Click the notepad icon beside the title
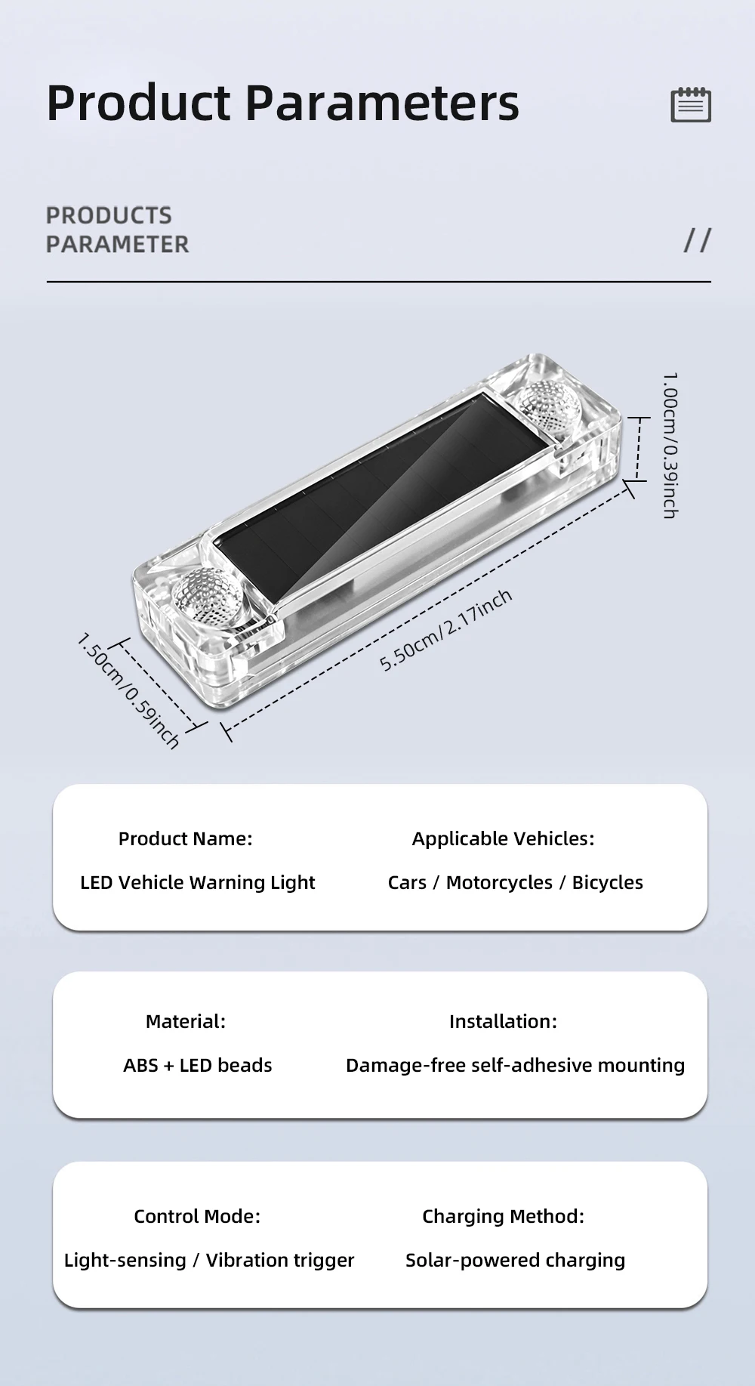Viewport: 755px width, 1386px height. [x=691, y=104]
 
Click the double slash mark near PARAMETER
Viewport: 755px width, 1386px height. [x=697, y=240]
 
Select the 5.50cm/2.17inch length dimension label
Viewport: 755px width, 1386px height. [x=446, y=630]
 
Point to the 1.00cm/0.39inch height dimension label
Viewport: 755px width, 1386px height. [x=670, y=445]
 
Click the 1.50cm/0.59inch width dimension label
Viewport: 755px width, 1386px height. [x=128, y=691]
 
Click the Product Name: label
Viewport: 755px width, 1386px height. [x=185, y=838]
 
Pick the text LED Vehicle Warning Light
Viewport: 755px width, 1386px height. [x=198, y=882]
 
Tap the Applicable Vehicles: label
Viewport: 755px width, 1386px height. [x=503, y=838]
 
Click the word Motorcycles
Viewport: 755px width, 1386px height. [x=499, y=882]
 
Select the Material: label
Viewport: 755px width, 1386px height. [x=186, y=1021]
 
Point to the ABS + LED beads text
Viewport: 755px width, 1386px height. [x=198, y=1065]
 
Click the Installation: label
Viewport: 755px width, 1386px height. [x=503, y=1021]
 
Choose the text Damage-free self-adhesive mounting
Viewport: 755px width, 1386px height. [x=516, y=1065]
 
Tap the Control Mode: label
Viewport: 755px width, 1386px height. [x=197, y=1216]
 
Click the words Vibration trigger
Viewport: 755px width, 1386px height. [x=280, y=1260]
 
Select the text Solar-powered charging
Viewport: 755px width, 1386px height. [x=516, y=1260]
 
